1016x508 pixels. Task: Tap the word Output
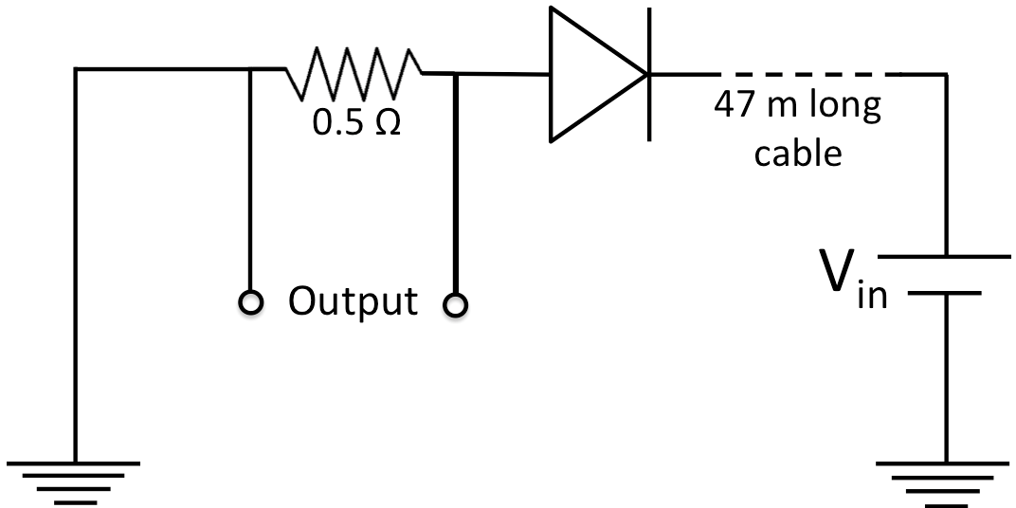(x=353, y=301)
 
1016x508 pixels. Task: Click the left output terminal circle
(x=249, y=302)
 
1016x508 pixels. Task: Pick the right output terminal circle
(x=456, y=304)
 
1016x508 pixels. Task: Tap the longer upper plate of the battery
(x=944, y=257)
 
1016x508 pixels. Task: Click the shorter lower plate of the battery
(x=944, y=294)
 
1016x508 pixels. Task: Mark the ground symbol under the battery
(x=944, y=480)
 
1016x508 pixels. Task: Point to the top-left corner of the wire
(x=75, y=69)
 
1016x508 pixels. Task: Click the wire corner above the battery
(x=944, y=74)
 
